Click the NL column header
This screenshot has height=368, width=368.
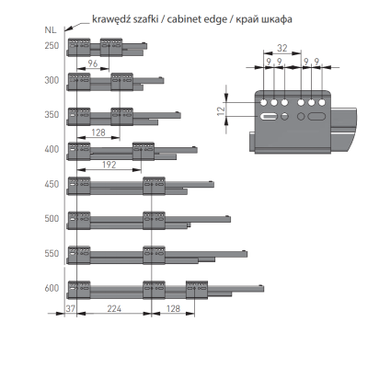coord(51,30)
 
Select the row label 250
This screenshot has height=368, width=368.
coord(52,46)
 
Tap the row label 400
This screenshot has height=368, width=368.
coord(52,149)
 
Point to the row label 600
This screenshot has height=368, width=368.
coord(52,288)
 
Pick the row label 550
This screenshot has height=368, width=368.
coord(52,254)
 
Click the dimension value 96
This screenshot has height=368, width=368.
coord(93,63)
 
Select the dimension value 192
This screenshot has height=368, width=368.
coord(109,165)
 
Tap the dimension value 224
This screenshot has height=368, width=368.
coord(114,308)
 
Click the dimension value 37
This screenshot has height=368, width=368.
coord(71,308)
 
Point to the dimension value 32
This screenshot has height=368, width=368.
coord(282,48)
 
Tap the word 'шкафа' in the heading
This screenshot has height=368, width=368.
coord(276,20)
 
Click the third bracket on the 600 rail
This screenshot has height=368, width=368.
coord(197,290)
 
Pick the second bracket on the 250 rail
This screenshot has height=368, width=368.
coord(111,47)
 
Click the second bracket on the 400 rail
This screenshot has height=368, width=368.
coord(144,151)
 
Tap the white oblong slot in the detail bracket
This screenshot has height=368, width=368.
coord(269,117)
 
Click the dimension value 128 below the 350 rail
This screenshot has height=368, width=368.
coord(98,132)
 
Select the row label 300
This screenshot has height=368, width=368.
coord(52,80)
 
